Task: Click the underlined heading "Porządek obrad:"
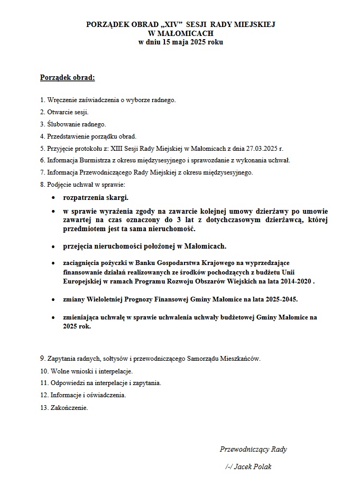[x=67, y=78]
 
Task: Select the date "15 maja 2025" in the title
[x=179, y=41]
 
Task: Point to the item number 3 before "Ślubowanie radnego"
[x=42, y=124]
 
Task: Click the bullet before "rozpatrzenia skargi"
[x=53, y=198]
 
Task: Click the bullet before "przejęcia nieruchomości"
[x=53, y=246]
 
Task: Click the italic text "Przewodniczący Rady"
[x=253, y=449]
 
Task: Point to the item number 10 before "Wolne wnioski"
[x=43, y=371]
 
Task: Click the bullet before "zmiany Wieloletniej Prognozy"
[x=53, y=299]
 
